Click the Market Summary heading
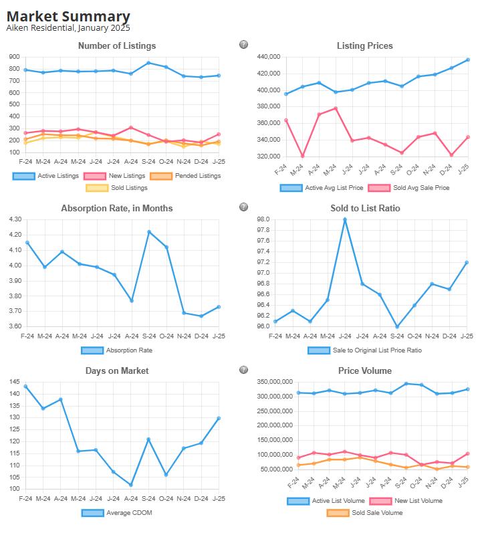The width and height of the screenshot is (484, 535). point(68,16)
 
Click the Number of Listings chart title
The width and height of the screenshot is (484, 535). point(117,46)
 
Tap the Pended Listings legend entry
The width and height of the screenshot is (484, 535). point(191,176)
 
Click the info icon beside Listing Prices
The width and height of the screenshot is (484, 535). point(244,45)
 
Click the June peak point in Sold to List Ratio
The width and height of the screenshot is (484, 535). point(345,219)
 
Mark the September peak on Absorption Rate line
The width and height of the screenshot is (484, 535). point(148,232)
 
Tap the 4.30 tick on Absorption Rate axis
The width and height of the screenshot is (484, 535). point(14,219)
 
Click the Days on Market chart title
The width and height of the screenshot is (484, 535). point(117,370)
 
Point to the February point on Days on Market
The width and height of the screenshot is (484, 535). point(25,387)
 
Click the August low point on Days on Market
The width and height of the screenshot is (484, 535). point(131,485)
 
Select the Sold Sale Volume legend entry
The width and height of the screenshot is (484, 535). point(364,513)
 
